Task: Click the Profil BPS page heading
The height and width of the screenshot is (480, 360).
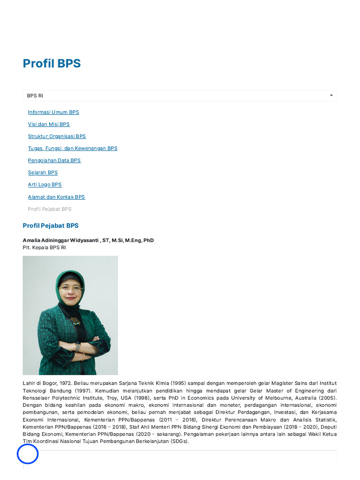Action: coord(52,64)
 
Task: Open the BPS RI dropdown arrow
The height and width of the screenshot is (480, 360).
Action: coord(331,96)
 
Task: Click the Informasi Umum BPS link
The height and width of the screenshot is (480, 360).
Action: coord(53,112)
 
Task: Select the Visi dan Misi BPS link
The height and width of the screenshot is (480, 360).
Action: coord(49,124)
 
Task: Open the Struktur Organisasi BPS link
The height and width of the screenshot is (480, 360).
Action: coord(57,136)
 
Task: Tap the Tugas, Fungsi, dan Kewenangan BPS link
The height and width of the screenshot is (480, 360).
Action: coord(73,149)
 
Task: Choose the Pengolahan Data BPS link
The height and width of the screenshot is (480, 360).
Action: coord(54,160)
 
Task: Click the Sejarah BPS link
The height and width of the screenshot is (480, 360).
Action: coord(43,172)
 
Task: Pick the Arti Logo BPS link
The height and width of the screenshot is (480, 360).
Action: coord(45,185)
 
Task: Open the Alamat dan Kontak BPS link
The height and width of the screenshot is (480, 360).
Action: coord(56,197)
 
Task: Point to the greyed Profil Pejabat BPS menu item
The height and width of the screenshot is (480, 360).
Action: coord(50,209)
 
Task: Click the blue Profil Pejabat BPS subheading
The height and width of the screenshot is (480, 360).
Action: coord(51,226)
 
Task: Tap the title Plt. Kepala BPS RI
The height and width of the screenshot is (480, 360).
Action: coord(45,247)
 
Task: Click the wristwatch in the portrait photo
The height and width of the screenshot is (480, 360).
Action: coord(78,347)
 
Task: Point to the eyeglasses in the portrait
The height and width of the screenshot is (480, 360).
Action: coord(71,289)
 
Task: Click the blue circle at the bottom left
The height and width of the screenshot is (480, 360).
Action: coord(28,454)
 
